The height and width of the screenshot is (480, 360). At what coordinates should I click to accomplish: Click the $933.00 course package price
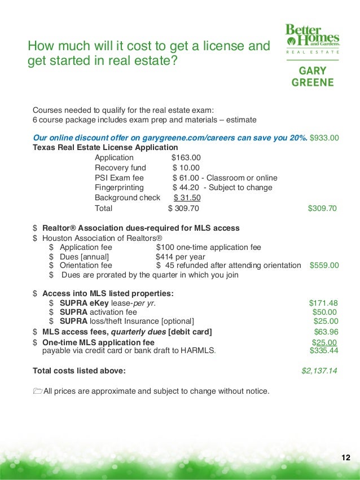point(324,138)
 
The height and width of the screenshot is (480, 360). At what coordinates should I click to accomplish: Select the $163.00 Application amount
point(186,157)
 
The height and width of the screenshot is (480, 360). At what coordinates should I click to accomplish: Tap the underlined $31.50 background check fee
point(187,198)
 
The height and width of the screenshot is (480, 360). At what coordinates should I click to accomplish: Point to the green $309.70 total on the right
point(322,209)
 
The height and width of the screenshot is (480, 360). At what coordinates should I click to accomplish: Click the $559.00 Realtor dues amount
point(324,265)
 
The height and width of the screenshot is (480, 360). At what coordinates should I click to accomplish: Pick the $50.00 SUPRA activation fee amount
point(325,312)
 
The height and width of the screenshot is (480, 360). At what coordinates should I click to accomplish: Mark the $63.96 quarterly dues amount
point(326,332)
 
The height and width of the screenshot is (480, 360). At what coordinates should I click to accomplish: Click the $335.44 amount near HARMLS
point(324,351)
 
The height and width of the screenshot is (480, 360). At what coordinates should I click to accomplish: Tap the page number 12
point(346,457)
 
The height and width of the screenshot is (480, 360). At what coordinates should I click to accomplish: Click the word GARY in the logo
point(313,72)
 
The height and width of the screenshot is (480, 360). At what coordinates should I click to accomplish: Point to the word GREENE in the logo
point(313,82)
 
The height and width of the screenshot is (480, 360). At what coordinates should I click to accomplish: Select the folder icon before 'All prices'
point(38,391)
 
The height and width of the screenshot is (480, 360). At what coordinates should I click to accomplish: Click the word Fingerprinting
point(119,188)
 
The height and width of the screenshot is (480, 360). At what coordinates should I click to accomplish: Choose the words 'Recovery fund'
point(120,168)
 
